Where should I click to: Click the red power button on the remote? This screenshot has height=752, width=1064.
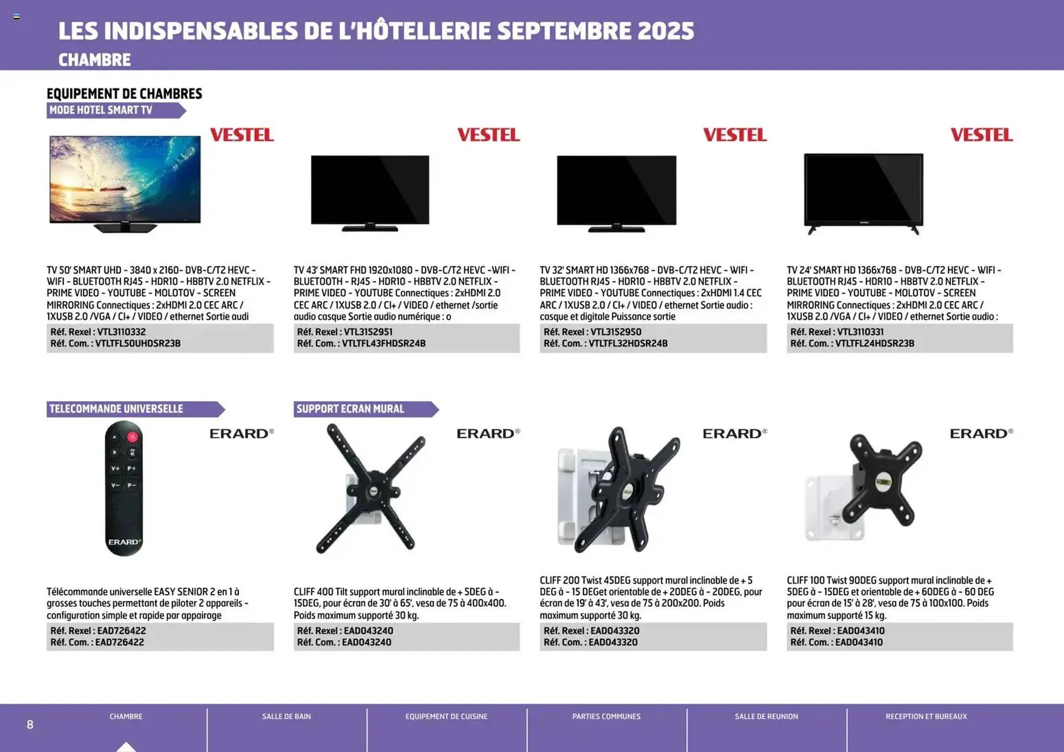pyautogui.click(x=132, y=437)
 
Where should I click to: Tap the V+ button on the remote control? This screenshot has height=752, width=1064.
pyautogui.click(x=115, y=468)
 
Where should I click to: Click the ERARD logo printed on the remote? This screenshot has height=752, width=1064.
pyautogui.click(x=124, y=542)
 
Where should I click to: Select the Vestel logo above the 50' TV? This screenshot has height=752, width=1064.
pyautogui.click(x=242, y=135)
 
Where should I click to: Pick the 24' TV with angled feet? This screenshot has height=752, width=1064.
pyautogui.click(x=863, y=192)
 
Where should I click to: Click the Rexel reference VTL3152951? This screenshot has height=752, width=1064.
pyautogui.click(x=368, y=332)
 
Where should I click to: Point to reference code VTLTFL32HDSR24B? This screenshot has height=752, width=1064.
pyautogui.click(x=628, y=343)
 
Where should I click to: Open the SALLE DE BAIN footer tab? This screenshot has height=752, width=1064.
pyautogui.click(x=287, y=717)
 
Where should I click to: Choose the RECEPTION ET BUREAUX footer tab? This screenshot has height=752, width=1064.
pyautogui.click(x=926, y=717)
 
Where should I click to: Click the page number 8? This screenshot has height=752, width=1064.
pyautogui.click(x=30, y=725)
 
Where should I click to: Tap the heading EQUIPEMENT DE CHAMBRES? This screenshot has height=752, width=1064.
pyautogui.click(x=124, y=94)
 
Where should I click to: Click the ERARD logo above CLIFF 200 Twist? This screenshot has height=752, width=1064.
pyautogui.click(x=734, y=434)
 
